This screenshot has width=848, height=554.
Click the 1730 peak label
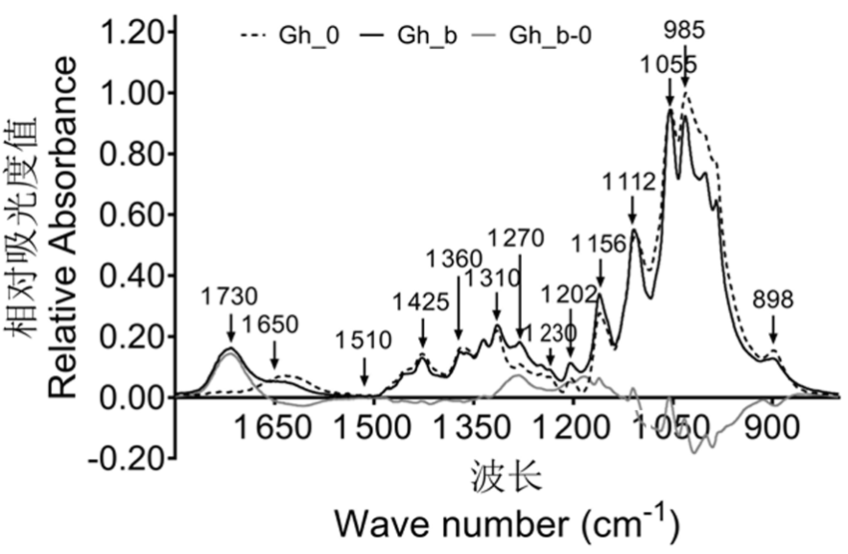tap(228, 296)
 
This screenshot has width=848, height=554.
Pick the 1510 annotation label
tap(363, 340)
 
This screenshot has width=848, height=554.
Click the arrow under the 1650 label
tap(274, 355)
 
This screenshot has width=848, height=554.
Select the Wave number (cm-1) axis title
tap(506, 522)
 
